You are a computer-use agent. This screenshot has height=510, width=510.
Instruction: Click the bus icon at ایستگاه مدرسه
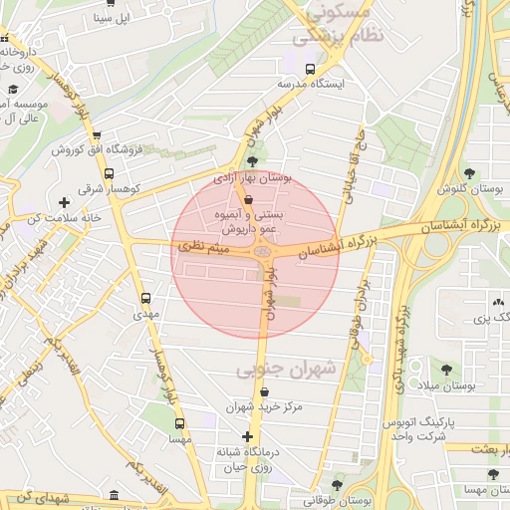tap(310, 70)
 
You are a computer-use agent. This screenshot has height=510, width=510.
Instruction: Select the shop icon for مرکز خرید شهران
tap(263, 391)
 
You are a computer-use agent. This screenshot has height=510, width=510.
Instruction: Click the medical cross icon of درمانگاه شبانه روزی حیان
tap(247, 436)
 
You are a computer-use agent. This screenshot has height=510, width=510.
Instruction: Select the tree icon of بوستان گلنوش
tap(468, 173)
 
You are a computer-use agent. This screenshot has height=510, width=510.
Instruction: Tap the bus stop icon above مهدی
tap(146, 298)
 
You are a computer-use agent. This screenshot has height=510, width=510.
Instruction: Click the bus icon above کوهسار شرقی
tap(109, 171)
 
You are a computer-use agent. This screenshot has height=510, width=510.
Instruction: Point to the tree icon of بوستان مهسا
tap(492, 474)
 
